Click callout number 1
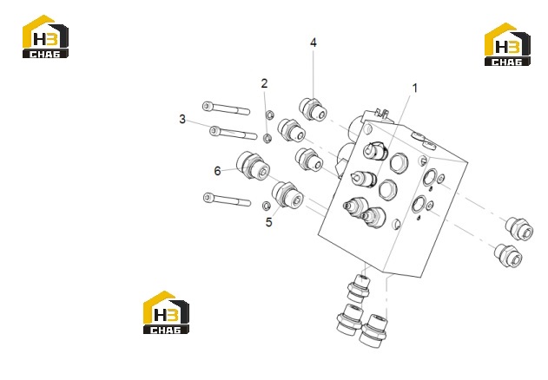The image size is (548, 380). click(x=415, y=88)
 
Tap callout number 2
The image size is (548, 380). click(x=264, y=83)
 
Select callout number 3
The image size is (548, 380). click(x=182, y=119)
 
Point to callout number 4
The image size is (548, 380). click(x=314, y=43)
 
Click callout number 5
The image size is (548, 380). click(x=268, y=222)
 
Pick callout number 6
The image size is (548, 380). click(x=217, y=171)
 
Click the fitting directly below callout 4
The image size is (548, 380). click(x=313, y=109)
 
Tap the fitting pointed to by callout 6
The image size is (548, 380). click(x=253, y=165)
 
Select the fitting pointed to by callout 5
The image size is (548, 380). click(x=287, y=195)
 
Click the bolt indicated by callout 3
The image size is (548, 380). click(x=233, y=133)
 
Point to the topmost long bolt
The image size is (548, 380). click(x=226, y=108)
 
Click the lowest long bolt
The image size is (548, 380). click(x=227, y=200)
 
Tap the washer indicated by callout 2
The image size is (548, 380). click(x=267, y=138)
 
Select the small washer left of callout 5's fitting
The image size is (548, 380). click(x=266, y=206)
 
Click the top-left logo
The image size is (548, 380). click(x=45, y=36)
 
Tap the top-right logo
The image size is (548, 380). click(x=507, y=44)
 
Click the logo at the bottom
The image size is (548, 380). click(x=167, y=312)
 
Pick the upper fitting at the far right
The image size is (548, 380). click(x=519, y=229)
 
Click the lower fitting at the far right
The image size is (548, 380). click(x=509, y=256)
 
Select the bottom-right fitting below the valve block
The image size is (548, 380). click(x=373, y=331)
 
